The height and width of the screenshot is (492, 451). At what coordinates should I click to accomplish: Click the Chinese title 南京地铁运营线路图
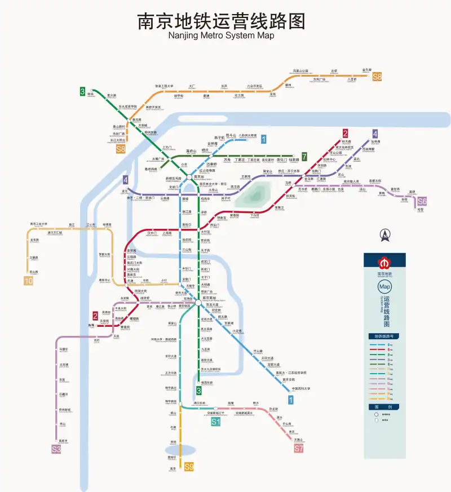222,21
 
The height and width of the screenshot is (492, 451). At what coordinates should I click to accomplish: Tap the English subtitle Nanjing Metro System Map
222,36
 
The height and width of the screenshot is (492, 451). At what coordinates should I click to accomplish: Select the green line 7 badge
304,157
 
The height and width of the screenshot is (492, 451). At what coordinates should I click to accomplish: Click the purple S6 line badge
422,201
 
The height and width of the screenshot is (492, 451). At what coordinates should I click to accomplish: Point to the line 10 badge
29,281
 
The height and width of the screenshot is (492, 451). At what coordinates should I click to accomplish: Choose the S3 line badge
56,449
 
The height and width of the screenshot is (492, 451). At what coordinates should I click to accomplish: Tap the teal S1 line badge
215,422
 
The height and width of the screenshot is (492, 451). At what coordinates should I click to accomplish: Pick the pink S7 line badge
299,449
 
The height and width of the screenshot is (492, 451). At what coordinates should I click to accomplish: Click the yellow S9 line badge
189,467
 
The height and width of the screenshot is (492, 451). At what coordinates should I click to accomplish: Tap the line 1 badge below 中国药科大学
291,400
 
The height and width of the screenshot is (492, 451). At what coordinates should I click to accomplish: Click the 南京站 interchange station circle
198,177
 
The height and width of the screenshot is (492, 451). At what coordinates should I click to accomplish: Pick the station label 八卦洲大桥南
247,135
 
